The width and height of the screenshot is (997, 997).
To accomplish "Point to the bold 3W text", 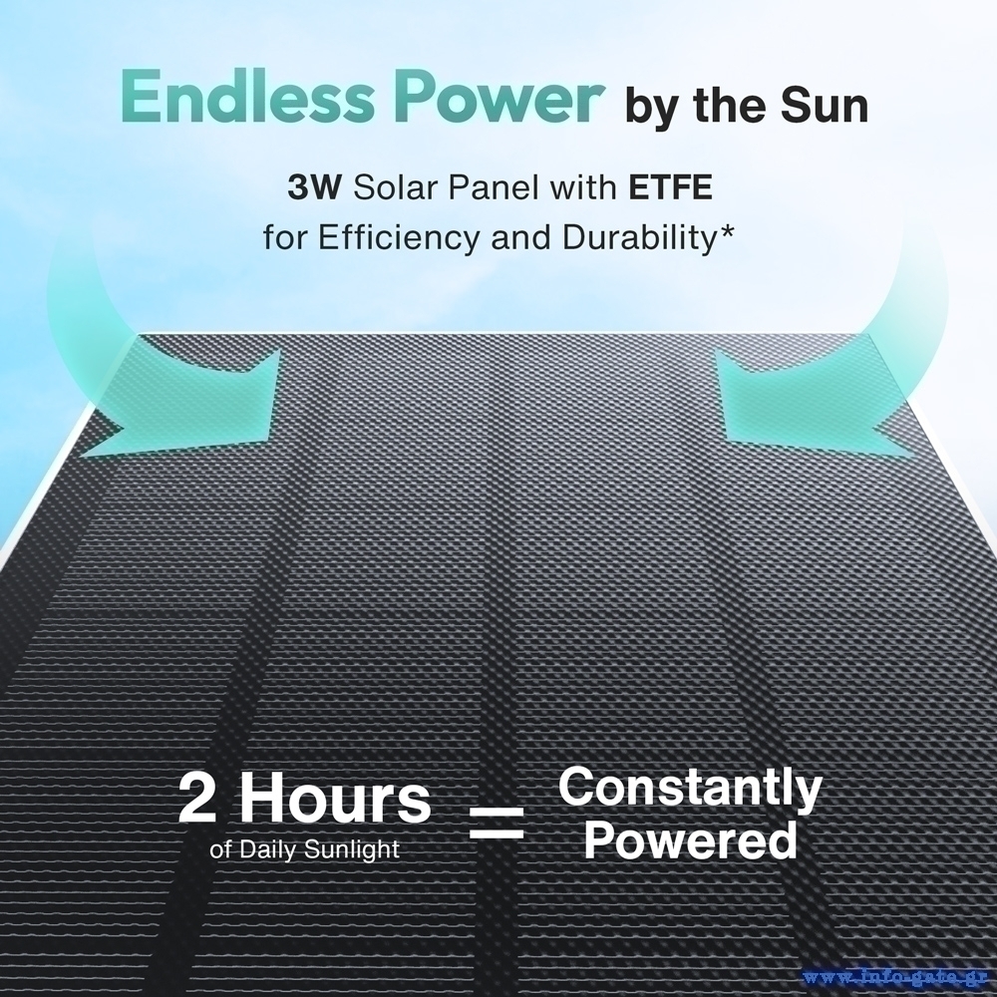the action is coord(315,188).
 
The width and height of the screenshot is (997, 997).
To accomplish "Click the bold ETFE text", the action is coord(670,188).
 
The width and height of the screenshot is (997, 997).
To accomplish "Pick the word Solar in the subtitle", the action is coord(395,188).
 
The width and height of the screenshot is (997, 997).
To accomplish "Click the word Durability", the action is coord(639,238).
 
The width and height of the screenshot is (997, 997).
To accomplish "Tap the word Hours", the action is coord(335,798).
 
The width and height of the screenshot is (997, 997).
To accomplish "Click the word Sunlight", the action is coord(352,850).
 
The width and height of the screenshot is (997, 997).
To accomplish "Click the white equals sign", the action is coord(496,823).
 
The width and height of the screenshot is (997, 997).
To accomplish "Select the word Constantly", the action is coord(690,789).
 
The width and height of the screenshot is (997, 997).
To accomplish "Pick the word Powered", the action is coord(691,840).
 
